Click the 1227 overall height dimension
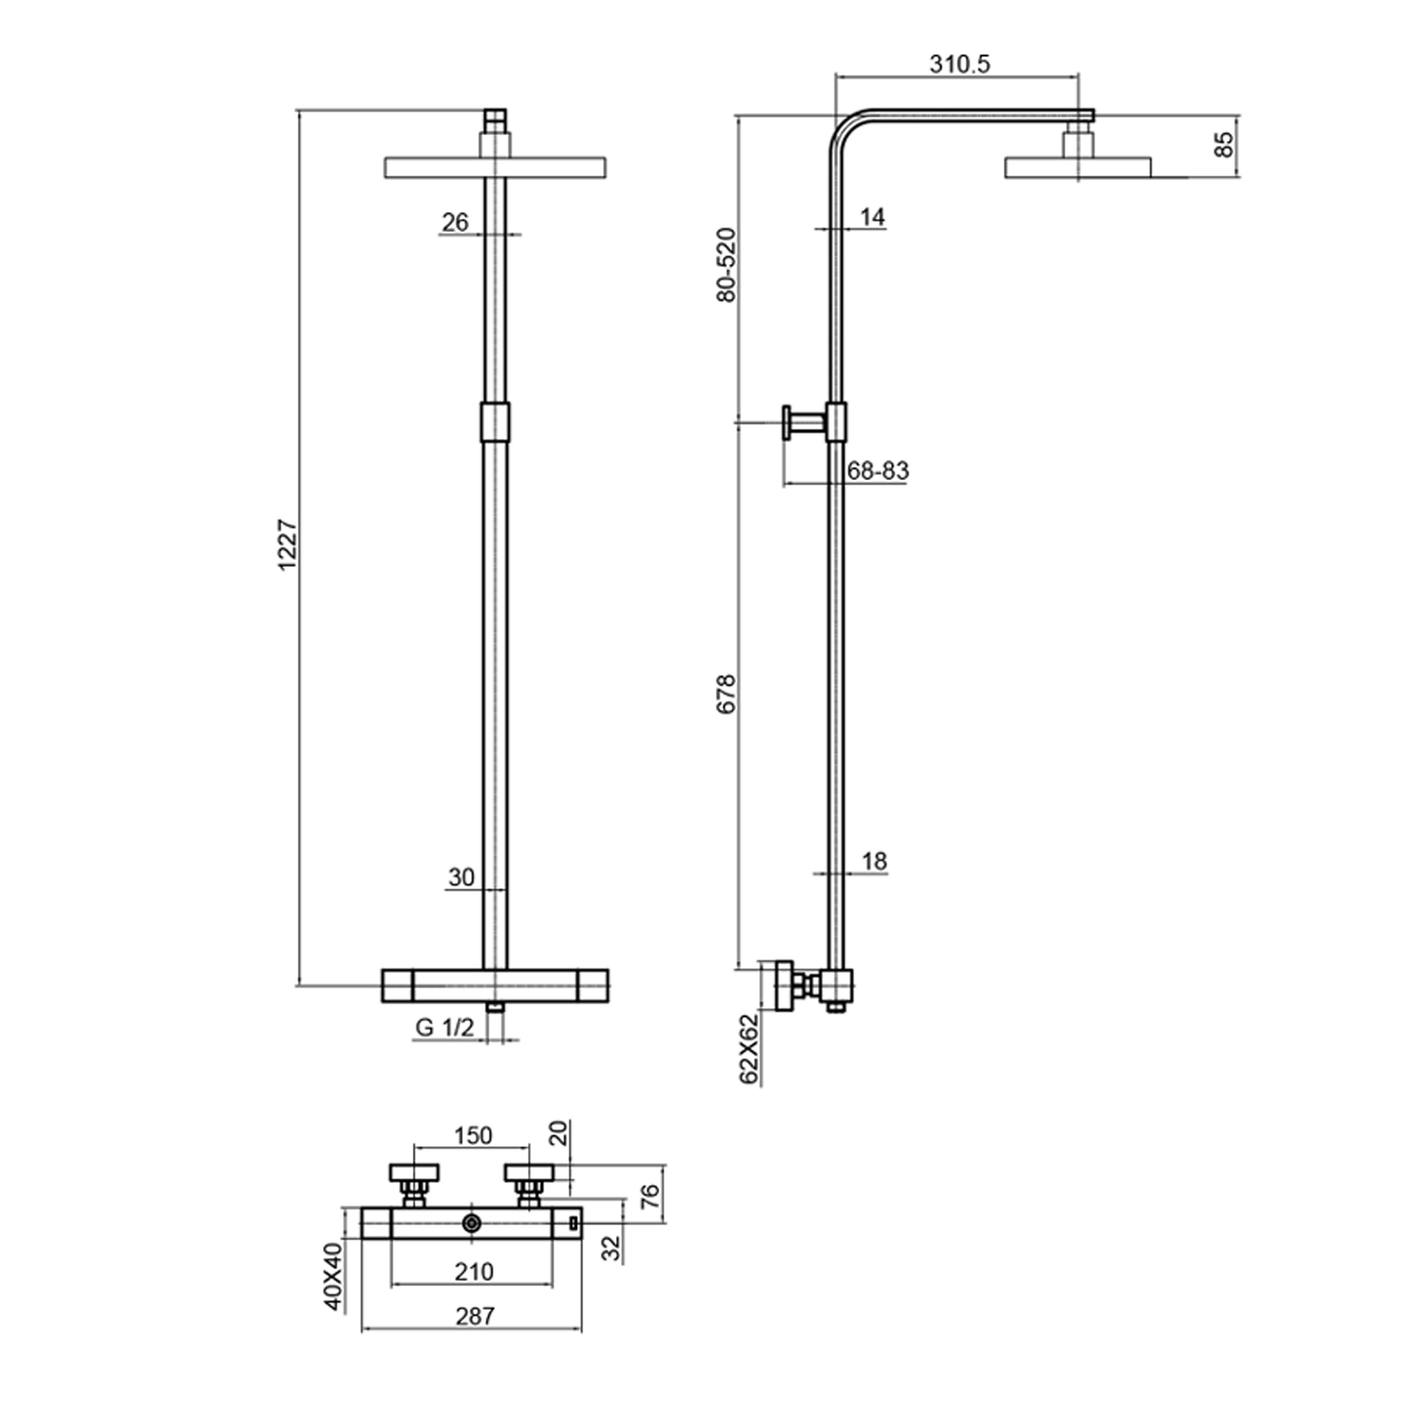(289, 544)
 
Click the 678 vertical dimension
(727, 694)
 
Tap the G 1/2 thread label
(445, 1028)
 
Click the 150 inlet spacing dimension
(473, 1135)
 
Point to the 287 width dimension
(475, 1316)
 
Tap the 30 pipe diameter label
(461, 877)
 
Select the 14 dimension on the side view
(872, 217)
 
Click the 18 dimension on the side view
(874, 862)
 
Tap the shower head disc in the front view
(437, 166)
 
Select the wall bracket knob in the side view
(788, 423)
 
